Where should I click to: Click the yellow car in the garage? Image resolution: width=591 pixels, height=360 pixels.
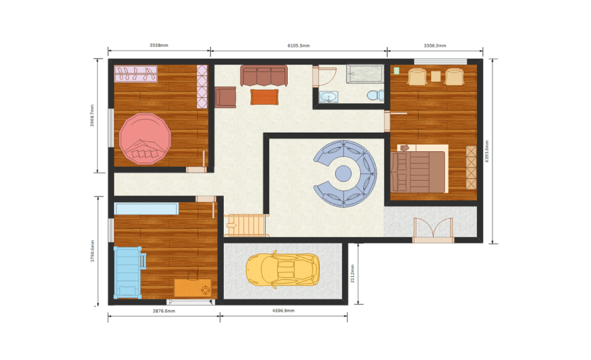(x=283, y=269)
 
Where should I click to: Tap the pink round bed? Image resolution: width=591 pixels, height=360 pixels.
(x=145, y=139)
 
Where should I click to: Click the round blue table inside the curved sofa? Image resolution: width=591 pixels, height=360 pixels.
(x=343, y=173)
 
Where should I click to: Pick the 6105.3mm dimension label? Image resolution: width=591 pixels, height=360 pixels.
(x=298, y=45)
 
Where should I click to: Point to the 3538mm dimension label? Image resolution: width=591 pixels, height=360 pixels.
(x=159, y=45)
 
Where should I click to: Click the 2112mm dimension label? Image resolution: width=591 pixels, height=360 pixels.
(x=352, y=273)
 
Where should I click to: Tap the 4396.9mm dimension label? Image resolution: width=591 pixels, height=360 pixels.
(x=283, y=311)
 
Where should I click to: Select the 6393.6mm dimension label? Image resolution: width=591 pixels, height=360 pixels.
(x=486, y=151)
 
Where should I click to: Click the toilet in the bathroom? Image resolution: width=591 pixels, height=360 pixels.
(x=375, y=95)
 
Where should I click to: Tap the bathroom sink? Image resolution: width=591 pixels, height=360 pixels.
(x=328, y=97)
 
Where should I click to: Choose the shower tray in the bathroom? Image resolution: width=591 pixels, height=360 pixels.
(x=365, y=74)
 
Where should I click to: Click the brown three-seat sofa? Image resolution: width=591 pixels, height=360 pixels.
(x=264, y=76)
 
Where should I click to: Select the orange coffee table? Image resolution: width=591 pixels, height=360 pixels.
(x=265, y=97)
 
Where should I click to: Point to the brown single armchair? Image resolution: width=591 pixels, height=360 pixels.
(x=225, y=97)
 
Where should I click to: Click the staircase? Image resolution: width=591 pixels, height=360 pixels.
(x=247, y=225)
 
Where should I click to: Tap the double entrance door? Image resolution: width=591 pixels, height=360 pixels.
(x=433, y=230)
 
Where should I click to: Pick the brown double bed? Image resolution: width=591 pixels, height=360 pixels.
(x=419, y=171)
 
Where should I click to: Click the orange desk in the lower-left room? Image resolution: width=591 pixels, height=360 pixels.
(x=193, y=288)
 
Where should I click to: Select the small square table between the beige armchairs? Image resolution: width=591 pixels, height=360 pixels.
(x=436, y=77)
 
